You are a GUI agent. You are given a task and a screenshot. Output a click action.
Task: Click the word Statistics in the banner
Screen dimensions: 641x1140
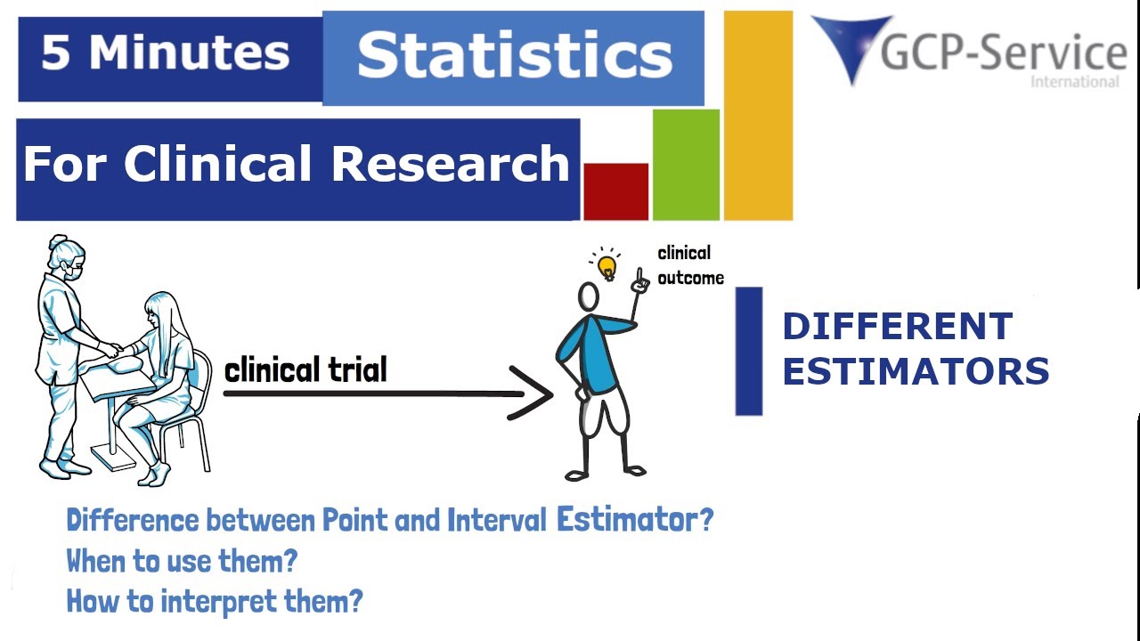coord(514,55)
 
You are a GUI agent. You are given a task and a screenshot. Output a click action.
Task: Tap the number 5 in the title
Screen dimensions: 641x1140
coord(55,54)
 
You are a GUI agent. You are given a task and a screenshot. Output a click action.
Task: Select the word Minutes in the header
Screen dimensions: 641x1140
coord(189,54)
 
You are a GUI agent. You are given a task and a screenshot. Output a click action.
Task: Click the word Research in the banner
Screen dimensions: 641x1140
coord(450,165)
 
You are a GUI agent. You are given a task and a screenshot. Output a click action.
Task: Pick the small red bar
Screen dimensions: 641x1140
coord(615,191)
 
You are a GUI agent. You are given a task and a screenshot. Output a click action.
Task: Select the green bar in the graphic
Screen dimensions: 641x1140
coord(686,164)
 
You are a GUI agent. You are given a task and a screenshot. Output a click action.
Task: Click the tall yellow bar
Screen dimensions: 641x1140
coord(758,115)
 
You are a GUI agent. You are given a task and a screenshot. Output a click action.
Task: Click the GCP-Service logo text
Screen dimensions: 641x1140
coord(1003,53)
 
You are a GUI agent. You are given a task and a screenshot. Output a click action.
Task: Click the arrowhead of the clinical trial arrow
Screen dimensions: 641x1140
coord(534,393)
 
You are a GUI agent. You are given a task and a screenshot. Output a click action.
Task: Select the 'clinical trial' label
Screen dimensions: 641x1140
coord(305,369)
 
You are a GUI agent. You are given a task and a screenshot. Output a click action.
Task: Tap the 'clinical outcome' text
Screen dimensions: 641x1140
coord(689,265)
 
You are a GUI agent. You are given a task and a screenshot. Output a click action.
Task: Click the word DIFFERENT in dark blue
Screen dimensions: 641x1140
coord(897,326)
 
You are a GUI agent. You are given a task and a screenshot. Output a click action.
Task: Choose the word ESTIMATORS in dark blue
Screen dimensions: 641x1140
coord(916,371)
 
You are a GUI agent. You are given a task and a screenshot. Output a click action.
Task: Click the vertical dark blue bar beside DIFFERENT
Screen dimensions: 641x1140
coord(748,351)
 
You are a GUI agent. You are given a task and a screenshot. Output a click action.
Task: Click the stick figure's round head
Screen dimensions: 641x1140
coord(589,296)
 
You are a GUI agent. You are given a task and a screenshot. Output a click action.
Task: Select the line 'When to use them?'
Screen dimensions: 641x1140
coord(182,561)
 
